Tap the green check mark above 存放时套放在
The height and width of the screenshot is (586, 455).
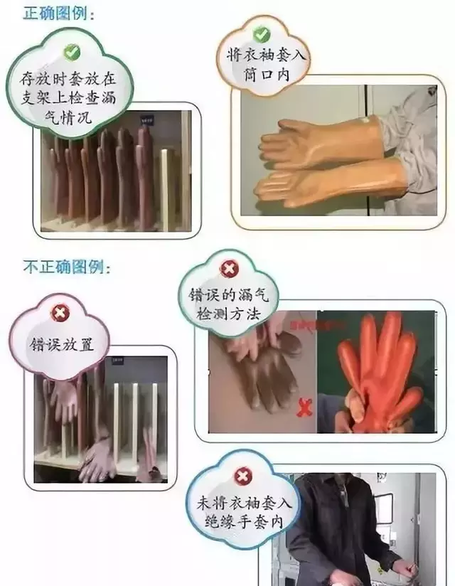[70, 51]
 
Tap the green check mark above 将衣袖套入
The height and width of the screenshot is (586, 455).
[260, 33]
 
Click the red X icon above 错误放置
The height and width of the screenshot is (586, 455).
[60, 313]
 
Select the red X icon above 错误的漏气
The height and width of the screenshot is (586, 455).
[228, 268]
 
